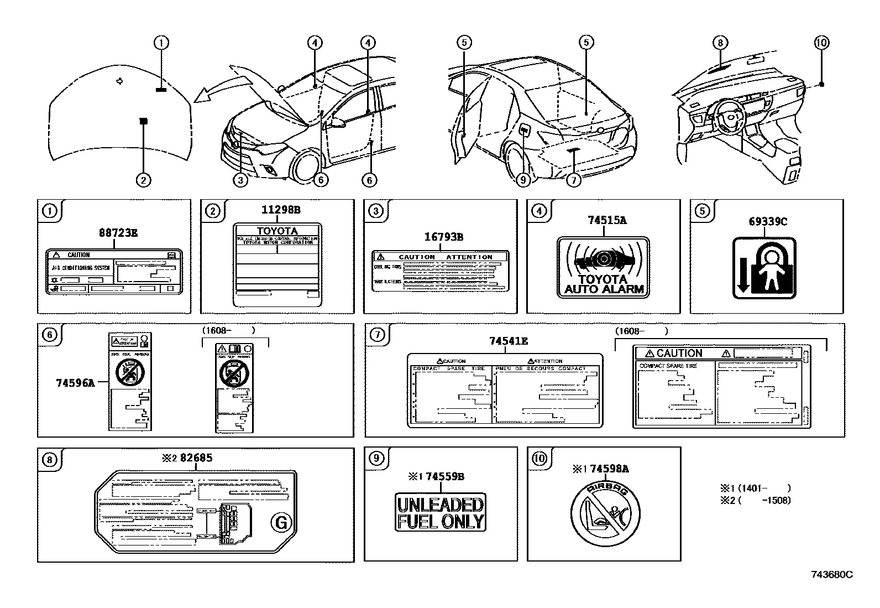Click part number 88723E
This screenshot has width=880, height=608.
tap(118, 233)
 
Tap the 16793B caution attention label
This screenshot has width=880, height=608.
tap(440, 270)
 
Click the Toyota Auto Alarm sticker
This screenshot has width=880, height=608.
tap(603, 268)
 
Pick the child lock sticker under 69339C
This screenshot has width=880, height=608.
tap(764, 268)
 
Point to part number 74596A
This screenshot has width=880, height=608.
tap(75, 382)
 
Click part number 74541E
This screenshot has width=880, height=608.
tap(508, 341)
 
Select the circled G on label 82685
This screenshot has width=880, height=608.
tap(281, 522)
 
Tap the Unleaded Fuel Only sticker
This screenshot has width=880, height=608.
tap(441, 512)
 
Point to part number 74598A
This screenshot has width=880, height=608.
tap(609, 469)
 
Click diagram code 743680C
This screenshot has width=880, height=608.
tap(832, 574)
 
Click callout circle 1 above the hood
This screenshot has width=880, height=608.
tap(161, 42)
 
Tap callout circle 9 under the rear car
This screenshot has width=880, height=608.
tap(523, 179)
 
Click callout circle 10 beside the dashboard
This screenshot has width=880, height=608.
tap(822, 42)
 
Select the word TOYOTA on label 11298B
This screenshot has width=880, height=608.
tap(277, 231)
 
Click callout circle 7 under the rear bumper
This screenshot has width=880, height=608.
tap(574, 179)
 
